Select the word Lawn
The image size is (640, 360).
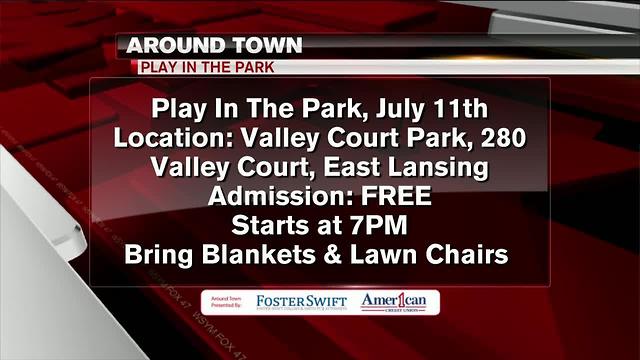tap(392, 254)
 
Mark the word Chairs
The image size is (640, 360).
tap(474, 254)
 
